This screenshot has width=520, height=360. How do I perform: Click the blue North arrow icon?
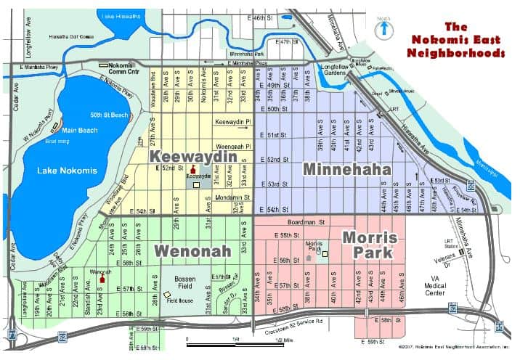382,29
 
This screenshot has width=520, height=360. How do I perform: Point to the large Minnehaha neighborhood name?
346,169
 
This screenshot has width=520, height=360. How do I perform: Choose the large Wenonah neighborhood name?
192,251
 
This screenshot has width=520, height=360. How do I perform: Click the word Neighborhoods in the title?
457,53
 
